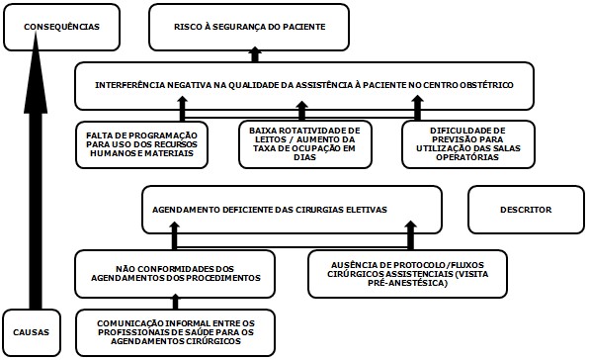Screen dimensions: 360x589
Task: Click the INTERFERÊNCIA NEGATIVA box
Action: [x=304, y=86]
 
